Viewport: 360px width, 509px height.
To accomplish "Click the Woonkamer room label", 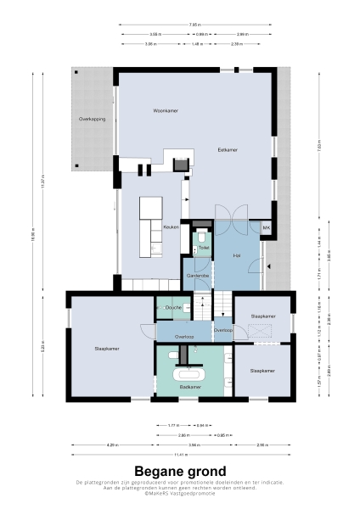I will [x=141, y=111].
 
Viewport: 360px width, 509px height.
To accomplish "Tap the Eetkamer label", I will [x=228, y=149].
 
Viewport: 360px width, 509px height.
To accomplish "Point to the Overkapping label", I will [x=92, y=120].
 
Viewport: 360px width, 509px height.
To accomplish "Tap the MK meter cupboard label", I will [x=265, y=228].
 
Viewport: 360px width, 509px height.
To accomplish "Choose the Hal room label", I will [x=237, y=255].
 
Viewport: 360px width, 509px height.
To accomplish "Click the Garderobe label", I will [x=198, y=276].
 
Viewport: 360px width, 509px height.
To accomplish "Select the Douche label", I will [x=172, y=307].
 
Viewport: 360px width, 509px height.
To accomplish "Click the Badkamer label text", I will [x=190, y=387].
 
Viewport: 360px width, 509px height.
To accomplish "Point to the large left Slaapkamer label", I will [x=107, y=349].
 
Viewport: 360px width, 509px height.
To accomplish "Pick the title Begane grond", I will [x=180, y=471].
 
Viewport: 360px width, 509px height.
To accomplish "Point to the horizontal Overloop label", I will [x=183, y=337].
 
